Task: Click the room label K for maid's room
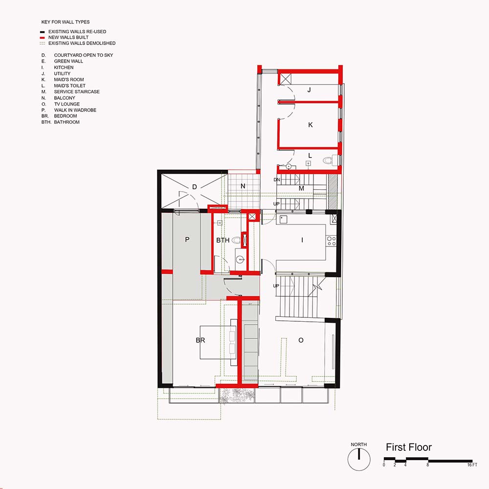click(311, 125)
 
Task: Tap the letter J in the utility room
click(309, 90)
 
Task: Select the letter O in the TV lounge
click(301, 340)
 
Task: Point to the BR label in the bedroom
click(200, 340)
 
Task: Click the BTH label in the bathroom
click(222, 240)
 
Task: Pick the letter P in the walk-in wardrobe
click(187, 240)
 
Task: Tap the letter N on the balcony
click(243, 186)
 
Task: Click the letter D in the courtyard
click(195, 187)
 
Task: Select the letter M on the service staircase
click(301, 188)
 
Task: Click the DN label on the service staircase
click(277, 179)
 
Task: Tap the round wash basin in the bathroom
click(240, 259)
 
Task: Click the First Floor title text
click(408, 447)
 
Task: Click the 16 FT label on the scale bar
click(472, 465)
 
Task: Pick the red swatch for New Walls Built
click(42, 38)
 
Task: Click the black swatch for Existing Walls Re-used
click(42, 32)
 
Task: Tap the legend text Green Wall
click(68, 61)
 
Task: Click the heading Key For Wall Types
click(66, 22)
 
